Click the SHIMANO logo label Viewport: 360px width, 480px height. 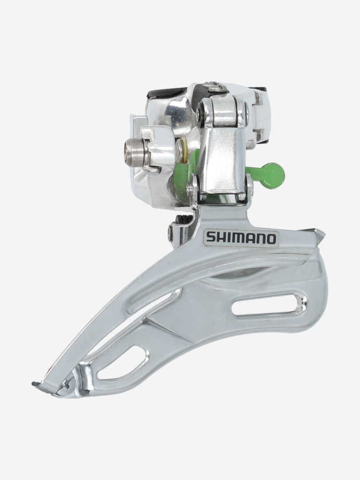pos(241,238)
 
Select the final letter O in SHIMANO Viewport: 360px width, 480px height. pos(270,239)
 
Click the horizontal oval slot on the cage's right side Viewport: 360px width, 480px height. pos(265,306)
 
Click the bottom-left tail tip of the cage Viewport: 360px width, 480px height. pos(37,384)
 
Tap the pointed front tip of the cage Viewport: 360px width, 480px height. pos(319,233)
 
